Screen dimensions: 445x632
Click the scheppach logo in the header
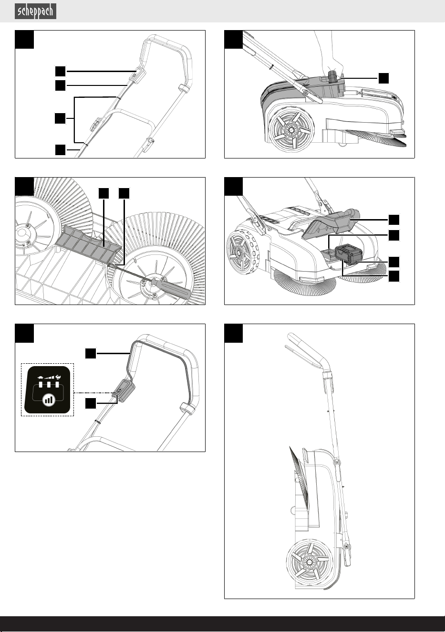(35, 11)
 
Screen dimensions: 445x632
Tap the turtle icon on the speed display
(40, 377)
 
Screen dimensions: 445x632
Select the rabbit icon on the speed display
(59, 377)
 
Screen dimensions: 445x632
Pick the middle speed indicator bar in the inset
(49, 385)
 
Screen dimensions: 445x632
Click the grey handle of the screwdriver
(171, 288)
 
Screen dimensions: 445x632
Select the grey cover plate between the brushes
(89, 242)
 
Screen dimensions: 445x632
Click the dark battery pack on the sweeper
(349, 254)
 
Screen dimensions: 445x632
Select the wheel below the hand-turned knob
(291, 129)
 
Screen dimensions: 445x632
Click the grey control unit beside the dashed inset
(124, 391)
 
